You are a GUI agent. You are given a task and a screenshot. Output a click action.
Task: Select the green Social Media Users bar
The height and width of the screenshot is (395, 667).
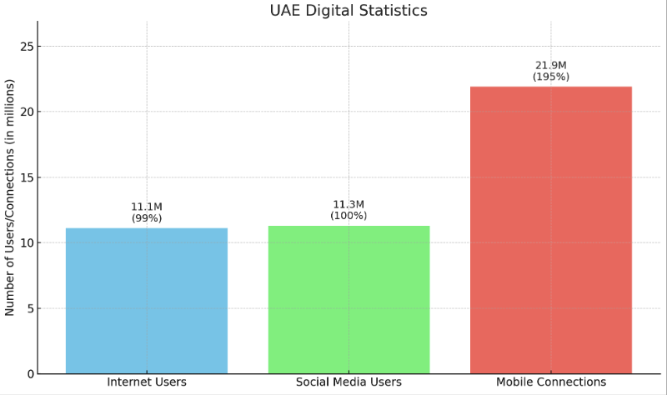coord(349,299)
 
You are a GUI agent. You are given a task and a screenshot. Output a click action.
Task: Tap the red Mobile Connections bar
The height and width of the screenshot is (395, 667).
coord(551,230)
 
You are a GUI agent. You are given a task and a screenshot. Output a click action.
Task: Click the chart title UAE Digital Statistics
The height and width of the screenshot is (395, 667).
coord(349,11)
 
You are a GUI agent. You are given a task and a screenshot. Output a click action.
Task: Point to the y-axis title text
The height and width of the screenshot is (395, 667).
coord(10,197)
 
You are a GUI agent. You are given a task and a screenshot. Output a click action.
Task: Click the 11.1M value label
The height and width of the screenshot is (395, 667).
coord(147,207)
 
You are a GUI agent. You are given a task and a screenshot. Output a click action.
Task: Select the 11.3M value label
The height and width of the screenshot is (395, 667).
coord(349,204)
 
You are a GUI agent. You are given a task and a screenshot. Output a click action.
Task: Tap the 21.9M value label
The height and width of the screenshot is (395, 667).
coord(551,65)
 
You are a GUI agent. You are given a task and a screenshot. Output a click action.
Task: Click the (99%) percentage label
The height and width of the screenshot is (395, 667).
coord(147,218)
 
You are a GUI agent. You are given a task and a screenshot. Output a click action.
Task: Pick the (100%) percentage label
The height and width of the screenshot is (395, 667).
coord(349,216)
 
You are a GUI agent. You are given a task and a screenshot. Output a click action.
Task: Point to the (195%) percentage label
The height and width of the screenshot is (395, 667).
coord(551,77)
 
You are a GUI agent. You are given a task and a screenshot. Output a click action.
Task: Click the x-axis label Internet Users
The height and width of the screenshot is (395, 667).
coord(147,382)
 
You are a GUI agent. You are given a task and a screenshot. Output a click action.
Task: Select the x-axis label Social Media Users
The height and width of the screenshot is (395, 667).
coord(349,382)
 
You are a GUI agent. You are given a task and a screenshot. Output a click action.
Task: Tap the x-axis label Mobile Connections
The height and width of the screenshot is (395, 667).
coord(551,382)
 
